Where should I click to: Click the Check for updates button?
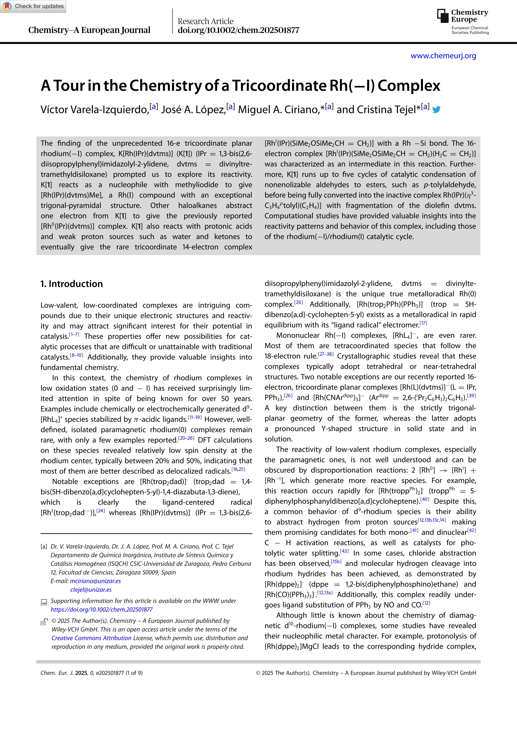coord(33,6)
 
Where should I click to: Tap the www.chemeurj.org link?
coord(443,56)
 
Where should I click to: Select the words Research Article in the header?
coord(205,21)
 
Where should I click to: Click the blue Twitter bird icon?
coord(437,110)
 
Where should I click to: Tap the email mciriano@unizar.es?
coord(95,581)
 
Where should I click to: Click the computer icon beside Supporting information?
coord(44,602)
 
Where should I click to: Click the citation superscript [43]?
coord(344,551)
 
